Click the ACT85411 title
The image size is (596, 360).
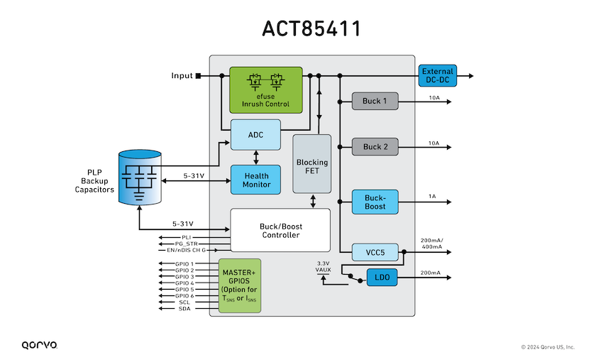311,29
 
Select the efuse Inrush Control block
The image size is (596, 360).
266,90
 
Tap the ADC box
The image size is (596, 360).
256,135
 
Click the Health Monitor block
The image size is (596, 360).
256,180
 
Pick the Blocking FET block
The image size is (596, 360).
312,164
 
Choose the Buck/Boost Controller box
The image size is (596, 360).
280,230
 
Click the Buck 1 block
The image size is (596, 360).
375,102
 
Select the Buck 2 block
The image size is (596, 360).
375,147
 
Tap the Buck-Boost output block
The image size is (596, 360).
375,202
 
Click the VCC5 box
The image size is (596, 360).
375,252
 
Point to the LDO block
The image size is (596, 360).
382,278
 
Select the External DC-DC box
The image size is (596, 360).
438,76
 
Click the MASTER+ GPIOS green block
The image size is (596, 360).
240,285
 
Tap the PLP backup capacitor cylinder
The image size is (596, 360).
140,178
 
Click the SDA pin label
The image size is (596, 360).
184,309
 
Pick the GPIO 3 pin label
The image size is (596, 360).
184,277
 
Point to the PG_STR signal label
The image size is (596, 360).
186,244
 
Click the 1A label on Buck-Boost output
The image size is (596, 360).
432,197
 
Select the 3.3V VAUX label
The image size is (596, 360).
323,266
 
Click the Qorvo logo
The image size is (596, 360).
40,345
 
